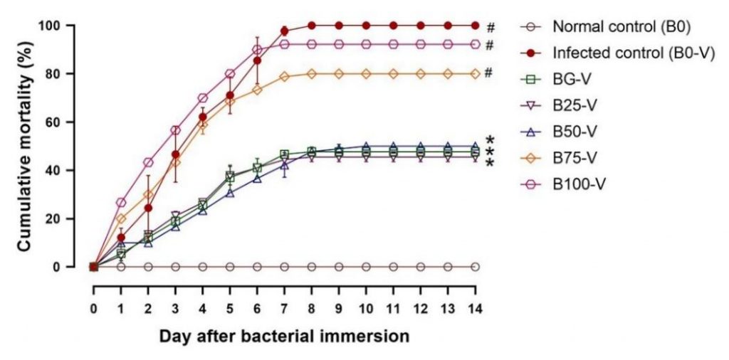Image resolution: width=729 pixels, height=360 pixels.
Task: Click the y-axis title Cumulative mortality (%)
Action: [x=23, y=146]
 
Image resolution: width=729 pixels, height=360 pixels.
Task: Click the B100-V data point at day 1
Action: [x=120, y=203]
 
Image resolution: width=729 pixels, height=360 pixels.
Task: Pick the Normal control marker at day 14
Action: [x=475, y=267]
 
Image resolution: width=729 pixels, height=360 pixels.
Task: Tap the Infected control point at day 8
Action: [x=311, y=26]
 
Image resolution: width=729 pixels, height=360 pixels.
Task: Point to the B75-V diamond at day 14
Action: [x=475, y=73]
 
